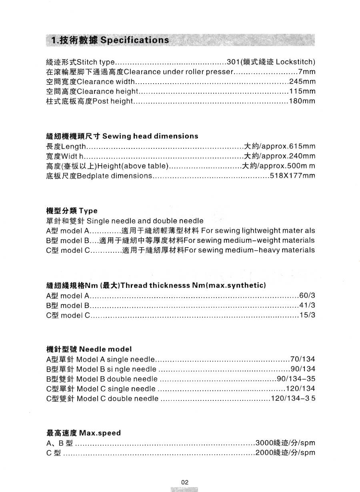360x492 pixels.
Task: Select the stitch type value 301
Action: tap(233, 62)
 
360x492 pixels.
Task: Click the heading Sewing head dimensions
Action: tap(150, 136)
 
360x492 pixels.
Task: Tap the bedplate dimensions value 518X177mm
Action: tap(292, 176)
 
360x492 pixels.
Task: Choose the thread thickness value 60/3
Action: tap(307, 296)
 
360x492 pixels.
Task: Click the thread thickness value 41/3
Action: tap(307, 306)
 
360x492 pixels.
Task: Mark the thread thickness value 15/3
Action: tap(307, 315)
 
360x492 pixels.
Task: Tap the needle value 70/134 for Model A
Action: tap(303, 359)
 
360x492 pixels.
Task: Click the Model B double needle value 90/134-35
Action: tap(296, 379)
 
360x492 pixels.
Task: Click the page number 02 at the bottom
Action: tap(184, 482)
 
